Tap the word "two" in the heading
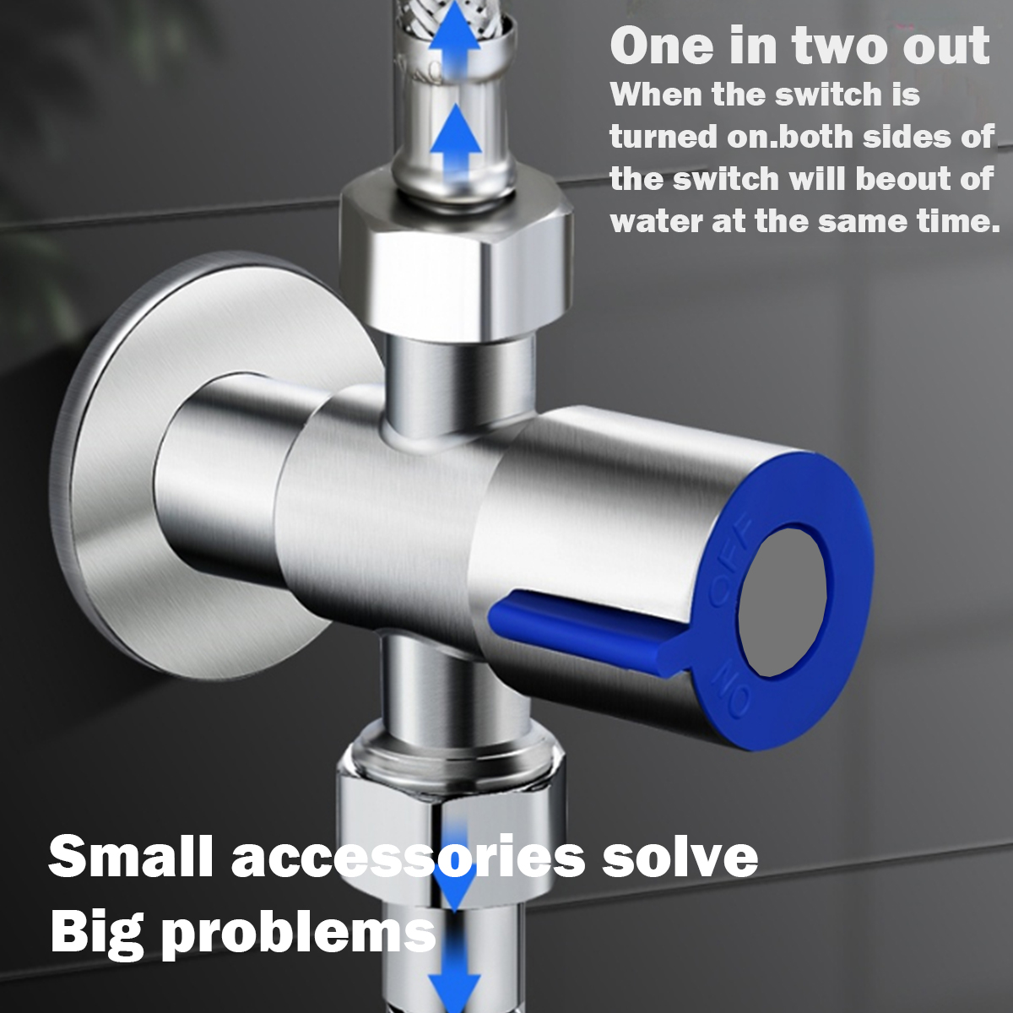pos(826,46)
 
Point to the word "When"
pos(656,95)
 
